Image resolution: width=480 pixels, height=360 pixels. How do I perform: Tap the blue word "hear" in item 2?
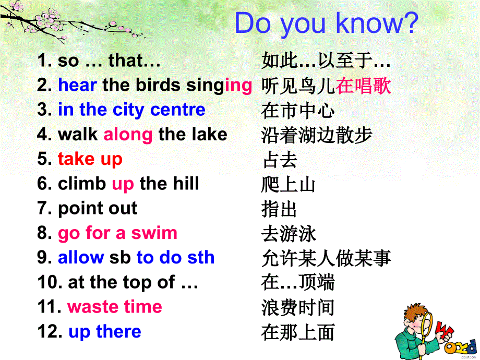77,85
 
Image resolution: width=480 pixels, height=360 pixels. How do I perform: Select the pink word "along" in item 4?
128,135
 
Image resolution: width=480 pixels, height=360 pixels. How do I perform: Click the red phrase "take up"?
90,159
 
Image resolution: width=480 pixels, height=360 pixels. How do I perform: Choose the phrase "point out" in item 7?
98,208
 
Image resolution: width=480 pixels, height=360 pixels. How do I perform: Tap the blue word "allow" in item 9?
81,257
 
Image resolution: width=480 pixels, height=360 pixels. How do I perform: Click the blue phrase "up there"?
104,331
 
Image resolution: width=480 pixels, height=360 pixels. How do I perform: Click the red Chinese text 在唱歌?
363,86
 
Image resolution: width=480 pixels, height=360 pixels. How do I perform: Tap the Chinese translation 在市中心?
298,110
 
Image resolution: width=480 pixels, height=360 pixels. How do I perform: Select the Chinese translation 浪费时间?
298,307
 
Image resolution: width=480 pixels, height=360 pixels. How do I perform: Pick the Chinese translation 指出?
280,209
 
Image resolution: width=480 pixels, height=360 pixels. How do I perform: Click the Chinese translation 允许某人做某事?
326,258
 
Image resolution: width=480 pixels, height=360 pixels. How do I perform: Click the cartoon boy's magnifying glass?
422,320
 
